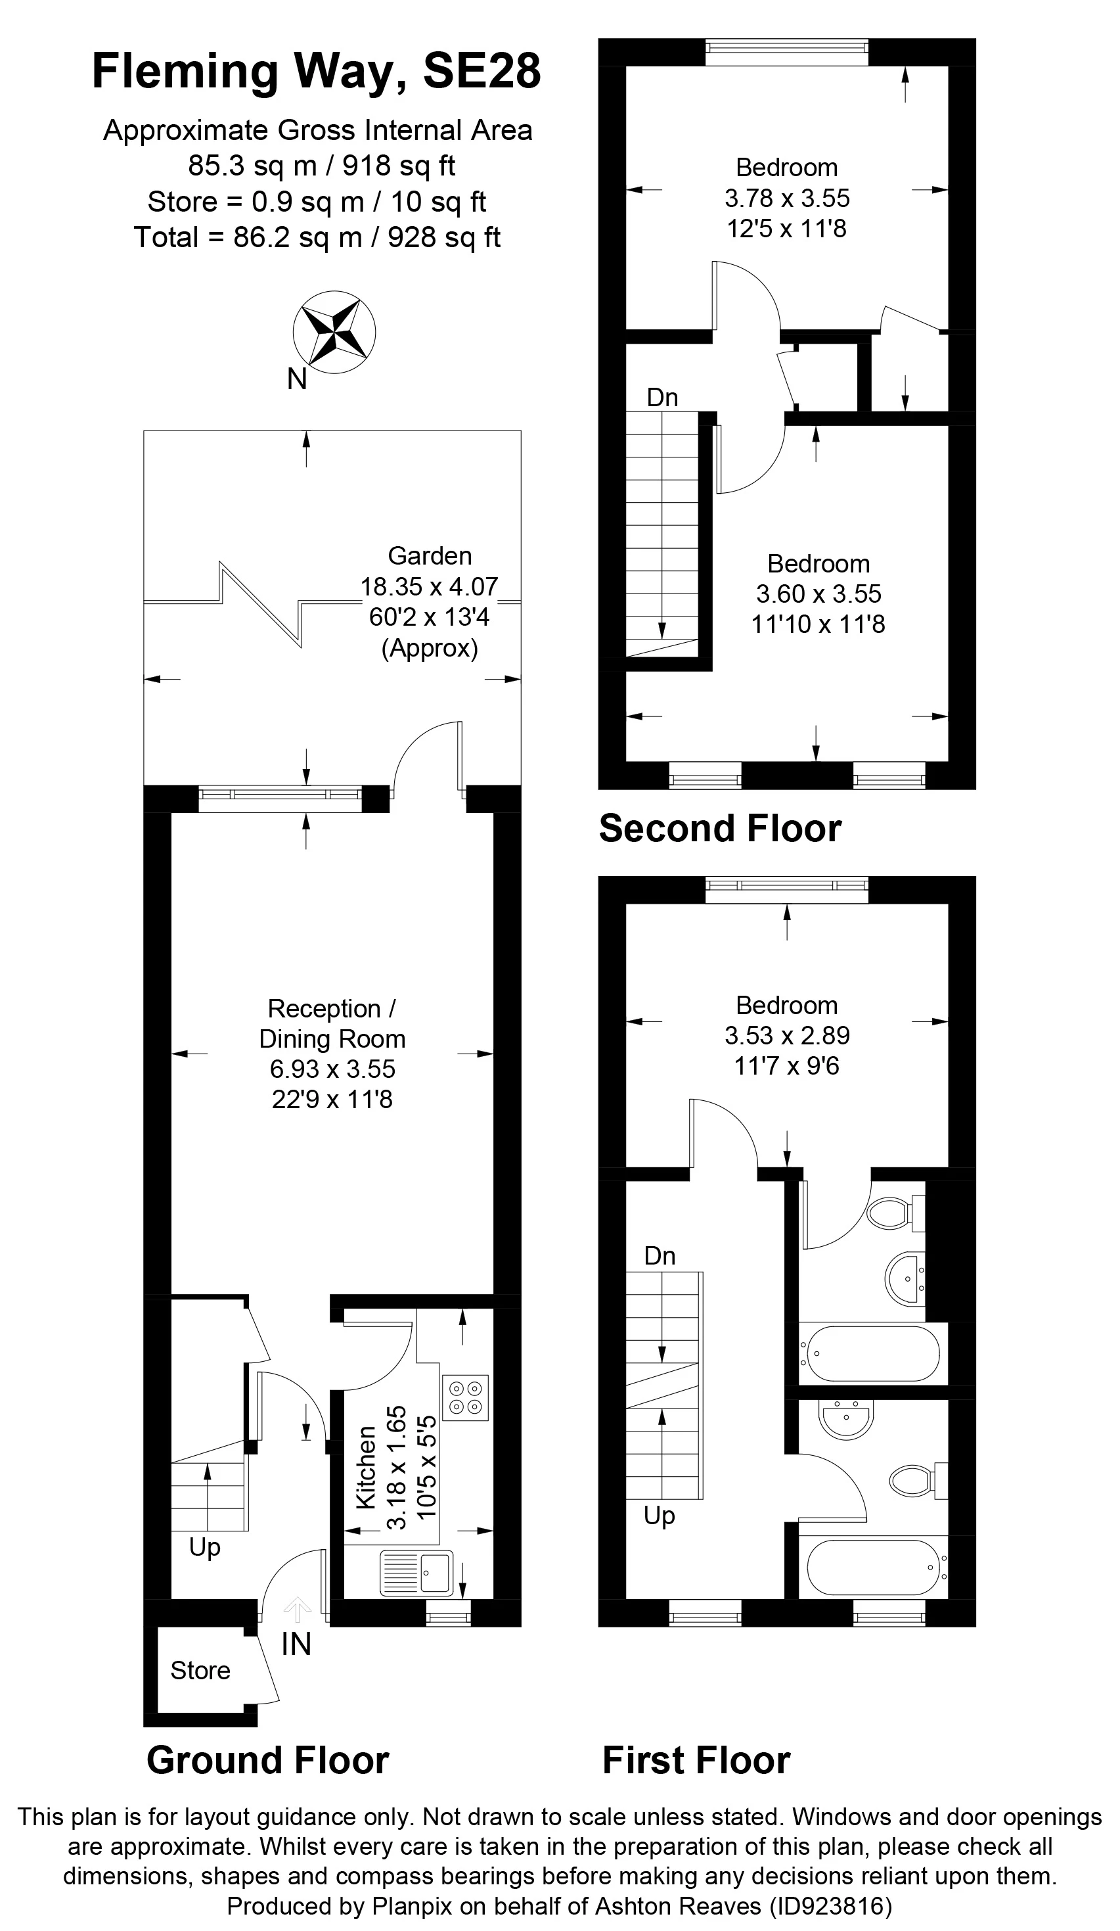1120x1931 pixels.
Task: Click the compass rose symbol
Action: coord(334,333)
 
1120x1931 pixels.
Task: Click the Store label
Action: coord(200,1671)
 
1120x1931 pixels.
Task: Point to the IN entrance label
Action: coord(296,1644)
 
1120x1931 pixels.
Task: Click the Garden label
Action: coord(430,555)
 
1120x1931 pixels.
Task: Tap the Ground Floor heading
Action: coord(268,1759)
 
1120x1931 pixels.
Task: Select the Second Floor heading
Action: coord(720,828)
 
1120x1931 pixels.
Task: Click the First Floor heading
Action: coord(696,1759)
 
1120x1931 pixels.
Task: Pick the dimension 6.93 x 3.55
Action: coord(332,1069)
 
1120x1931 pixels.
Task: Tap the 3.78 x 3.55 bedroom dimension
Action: coord(788,198)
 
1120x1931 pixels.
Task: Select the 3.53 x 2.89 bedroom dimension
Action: coord(788,1036)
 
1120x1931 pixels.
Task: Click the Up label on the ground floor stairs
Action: coord(204,1547)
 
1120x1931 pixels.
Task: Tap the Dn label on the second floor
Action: coord(663,398)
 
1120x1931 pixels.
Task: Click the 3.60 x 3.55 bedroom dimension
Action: coord(819,594)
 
